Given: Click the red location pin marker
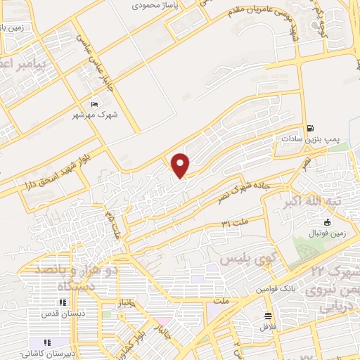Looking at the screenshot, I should click(181, 165).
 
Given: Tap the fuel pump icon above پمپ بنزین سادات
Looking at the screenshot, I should click(310, 129).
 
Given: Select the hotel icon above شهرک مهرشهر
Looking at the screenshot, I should click(96, 105).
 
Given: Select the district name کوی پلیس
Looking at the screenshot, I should click(246, 260).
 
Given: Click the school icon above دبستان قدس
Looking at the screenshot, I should click(63, 303).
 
